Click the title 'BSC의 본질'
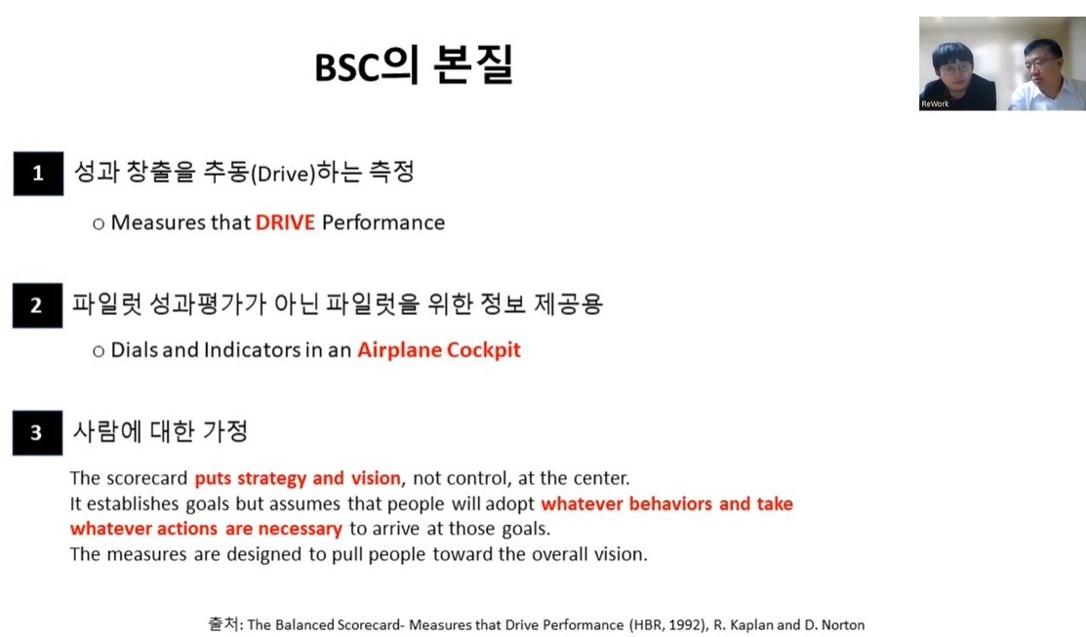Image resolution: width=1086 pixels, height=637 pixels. click(x=414, y=65)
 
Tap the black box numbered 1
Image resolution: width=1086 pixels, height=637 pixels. click(x=38, y=173)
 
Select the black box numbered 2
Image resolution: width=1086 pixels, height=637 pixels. click(x=37, y=304)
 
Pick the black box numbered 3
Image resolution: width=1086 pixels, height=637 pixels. click(x=37, y=433)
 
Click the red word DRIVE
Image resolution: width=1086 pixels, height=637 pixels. click(x=285, y=222)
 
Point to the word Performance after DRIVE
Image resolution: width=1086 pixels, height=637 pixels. click(x=383, y=222)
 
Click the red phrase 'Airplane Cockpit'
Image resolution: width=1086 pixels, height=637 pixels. click(x=439, y=350)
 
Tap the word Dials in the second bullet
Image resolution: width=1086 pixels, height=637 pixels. click(x=135, y=349)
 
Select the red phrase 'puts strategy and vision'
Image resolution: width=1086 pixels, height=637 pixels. click(x=298, y=478)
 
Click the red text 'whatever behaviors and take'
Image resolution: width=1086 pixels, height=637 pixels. click(x=667, y=503)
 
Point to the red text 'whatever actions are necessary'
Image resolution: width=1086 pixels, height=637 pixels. click(x=206, y=529)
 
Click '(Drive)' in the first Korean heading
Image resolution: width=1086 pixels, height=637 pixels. click(x=283, y=173)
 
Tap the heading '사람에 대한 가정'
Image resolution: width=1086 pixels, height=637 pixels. click(x=160, y=431)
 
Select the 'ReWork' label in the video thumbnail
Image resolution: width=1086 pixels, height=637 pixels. click(x=935, y=103)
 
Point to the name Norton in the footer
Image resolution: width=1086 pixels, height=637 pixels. click(x=843, y=624)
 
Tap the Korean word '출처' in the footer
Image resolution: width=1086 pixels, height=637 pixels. click(x=223, y=624)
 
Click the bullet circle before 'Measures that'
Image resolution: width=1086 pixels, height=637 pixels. click(x=99, y=223)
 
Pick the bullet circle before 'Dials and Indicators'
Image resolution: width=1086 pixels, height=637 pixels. click(x=99, y=352)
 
